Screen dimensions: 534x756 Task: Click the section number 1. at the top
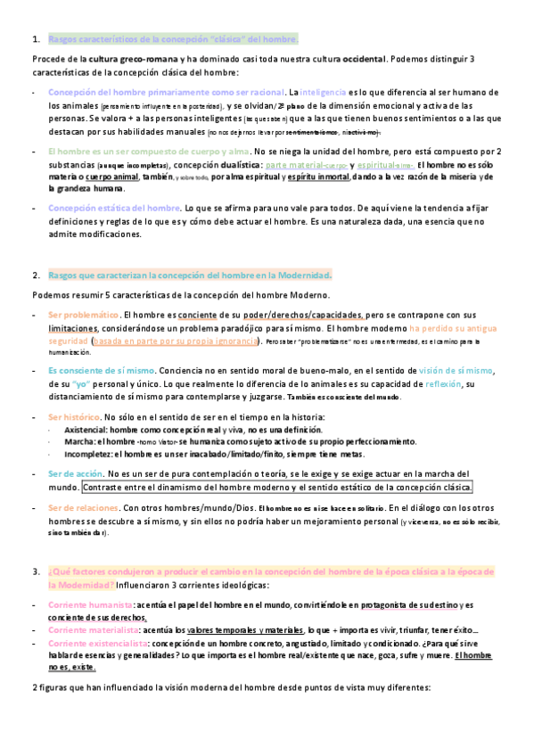[36, 39]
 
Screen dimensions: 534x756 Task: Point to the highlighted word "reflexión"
[438, 383]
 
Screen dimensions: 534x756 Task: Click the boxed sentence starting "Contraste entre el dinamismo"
[276, 488]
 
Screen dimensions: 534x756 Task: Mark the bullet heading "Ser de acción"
[77, 474]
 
